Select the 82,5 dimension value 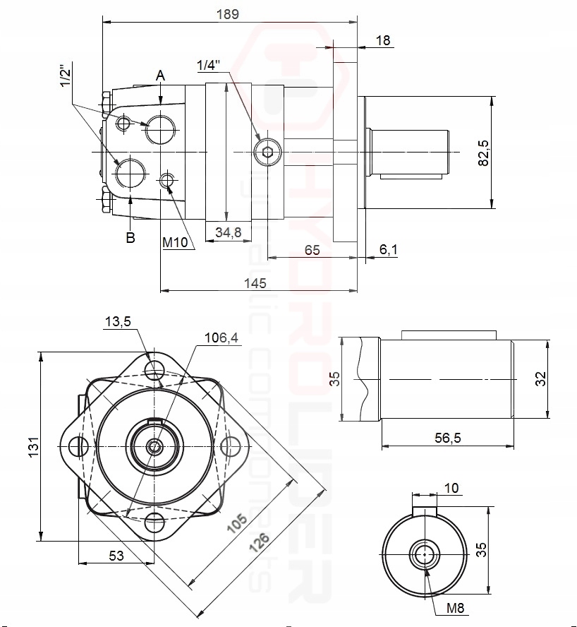pyautogui.click(x=483, y=153)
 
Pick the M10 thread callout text pyautogui.click(x=178, y=242)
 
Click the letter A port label pyautogui.click(x=161, y=75)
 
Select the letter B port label pyautogui.click(x=130, y=238)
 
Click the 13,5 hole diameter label pyautogui.click(x=118, y=321)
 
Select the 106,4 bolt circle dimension pyautogui.click(x=221, y=338)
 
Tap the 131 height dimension pyautogui.click(x=32, y=446)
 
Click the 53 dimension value pyautogui.click(x=116, y=556)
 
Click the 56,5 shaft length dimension pyautogui.click(x=447, y=438)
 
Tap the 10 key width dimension pyautogui.click(x=451, y=488)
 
